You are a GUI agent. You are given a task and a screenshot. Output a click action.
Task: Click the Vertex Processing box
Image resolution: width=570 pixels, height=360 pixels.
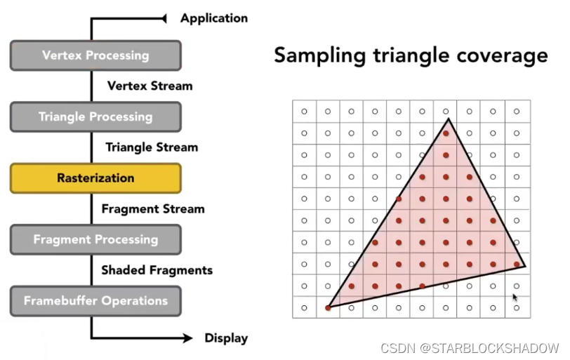point(95,55)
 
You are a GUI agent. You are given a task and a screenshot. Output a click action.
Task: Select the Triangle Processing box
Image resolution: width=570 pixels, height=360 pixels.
point(95,116)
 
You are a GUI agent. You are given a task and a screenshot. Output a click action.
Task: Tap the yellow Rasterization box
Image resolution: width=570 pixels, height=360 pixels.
point(95,178)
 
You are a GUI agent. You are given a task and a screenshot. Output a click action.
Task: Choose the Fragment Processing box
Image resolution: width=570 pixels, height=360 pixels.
point(95,239)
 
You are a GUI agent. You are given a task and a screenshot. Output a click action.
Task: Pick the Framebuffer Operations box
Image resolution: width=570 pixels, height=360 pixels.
point(95,301)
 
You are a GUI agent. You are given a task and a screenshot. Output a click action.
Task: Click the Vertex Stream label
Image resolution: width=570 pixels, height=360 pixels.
point(150,86)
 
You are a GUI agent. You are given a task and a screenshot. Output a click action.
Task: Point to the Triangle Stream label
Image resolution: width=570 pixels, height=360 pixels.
point(152,147)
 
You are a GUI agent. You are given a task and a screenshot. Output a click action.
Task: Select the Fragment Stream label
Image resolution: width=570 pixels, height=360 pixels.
point(153,208)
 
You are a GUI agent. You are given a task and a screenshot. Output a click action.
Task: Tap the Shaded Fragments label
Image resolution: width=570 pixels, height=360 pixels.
point(157,270)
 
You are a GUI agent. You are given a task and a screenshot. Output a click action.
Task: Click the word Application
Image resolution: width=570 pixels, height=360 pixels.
point(213,18)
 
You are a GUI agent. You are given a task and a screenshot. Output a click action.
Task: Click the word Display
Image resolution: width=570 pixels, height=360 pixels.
point(226,338)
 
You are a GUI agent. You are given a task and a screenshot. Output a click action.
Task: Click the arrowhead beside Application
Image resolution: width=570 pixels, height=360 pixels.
point(166,18)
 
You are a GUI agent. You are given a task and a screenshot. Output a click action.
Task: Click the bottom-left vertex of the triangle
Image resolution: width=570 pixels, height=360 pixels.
point(329,308)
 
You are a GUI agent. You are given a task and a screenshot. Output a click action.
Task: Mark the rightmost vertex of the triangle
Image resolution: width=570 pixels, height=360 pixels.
point(525,266)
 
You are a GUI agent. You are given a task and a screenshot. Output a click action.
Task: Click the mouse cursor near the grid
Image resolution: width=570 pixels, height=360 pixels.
point(515,298)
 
